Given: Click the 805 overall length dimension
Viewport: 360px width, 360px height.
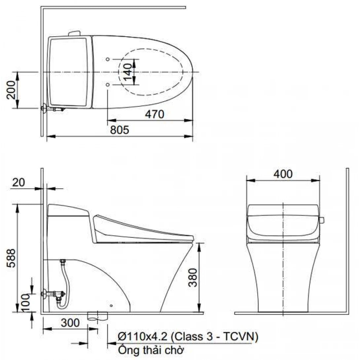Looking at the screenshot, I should [119, 130].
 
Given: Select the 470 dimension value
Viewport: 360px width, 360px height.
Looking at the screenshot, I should [154, 115].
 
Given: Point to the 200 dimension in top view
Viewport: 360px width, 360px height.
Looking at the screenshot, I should [11, 90].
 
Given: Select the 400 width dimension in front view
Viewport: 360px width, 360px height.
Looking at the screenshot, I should [283, 174].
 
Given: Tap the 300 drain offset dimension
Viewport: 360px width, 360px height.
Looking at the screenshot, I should [70, 323].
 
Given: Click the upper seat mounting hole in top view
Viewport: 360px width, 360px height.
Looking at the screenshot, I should [108, 59].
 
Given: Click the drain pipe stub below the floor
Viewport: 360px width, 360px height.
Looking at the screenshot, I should [98, 316].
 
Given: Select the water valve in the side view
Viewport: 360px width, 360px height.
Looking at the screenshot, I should [53, 293].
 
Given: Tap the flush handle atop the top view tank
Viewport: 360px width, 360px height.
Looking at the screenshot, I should [74, 33].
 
